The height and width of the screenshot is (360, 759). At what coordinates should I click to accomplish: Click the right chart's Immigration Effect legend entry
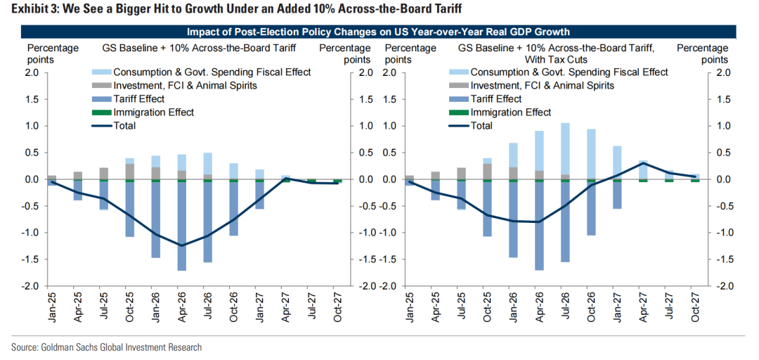tap(510, 112)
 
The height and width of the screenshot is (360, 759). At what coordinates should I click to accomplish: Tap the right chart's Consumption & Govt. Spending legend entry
tap(569, 72)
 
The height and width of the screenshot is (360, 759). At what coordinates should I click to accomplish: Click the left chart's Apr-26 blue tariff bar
tap(181, 225)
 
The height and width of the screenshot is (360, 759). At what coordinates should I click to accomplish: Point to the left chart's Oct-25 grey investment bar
tap(129, 171)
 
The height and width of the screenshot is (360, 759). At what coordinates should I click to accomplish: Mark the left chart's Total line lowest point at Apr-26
tap(181, 245)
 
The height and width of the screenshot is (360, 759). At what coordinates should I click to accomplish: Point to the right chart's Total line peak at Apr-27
tap(642, 163)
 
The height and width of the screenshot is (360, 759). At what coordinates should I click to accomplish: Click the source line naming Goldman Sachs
tap(106, 347)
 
